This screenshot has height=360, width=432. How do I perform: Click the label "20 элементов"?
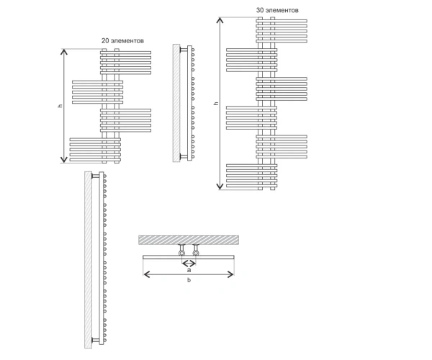pos(122,41)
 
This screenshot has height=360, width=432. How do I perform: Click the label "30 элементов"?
pos(277,10)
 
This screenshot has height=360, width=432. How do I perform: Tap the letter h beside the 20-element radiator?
pos(60,106)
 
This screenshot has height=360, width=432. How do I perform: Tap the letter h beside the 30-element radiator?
pos(216,103)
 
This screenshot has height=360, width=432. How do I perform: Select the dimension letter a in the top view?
pos(189,270)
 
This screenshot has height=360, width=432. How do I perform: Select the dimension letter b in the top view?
pos(189,280)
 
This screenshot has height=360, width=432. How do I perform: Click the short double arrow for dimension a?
pos(189,264)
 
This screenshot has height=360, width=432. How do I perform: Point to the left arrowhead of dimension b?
pos(147,274)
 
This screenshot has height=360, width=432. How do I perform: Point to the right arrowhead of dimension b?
pos(230,274)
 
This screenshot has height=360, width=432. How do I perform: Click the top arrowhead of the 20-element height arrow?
pos(63,52)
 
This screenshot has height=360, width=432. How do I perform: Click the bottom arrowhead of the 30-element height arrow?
pos(220,186)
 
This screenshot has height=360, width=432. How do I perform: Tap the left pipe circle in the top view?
pos(182,253)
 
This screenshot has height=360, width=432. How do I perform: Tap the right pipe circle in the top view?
pos(196,253)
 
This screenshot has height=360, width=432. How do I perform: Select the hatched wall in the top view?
pos(189,240)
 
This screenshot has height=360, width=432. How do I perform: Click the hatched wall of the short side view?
pos(176,103)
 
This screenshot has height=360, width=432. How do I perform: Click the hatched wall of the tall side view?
pos(88,260)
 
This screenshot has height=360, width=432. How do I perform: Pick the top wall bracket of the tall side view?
pos(96,176)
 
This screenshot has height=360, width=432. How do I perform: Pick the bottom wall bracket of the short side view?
pos(184,156)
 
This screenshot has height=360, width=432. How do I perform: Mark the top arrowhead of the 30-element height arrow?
pos(220,21)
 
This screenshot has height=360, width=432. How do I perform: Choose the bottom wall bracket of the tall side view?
pos(96,340)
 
